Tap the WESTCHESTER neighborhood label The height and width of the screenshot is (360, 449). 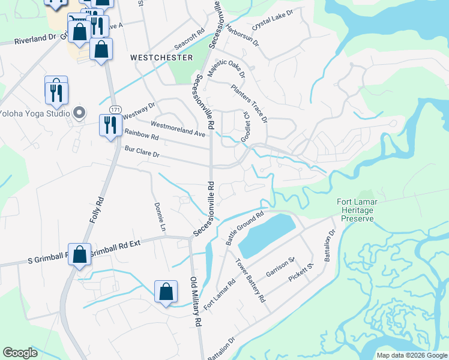point(161,58)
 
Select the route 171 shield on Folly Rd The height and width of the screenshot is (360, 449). point(114,108)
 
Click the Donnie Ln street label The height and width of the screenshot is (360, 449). point(160,217)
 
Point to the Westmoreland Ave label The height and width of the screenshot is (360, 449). point(178,128)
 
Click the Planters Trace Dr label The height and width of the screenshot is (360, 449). point(249,103)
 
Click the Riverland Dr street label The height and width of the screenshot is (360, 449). point(35,39)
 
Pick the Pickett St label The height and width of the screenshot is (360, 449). point(301,273)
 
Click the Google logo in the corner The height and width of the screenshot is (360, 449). point(20,353)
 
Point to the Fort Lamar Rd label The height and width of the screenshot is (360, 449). point(219,295)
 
